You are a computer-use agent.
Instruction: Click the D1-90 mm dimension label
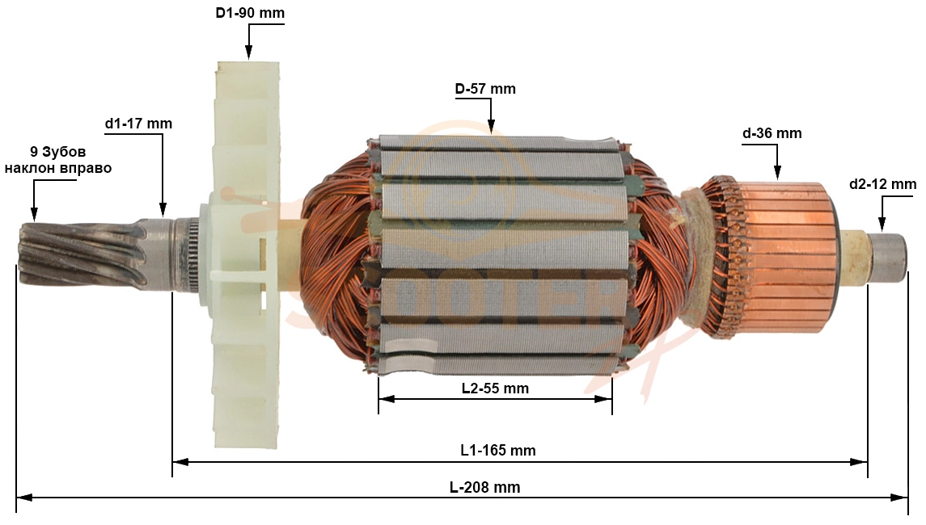click(249, 12)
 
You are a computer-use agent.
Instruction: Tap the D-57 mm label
click(485, 89)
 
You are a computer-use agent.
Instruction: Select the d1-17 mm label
click(138, 124)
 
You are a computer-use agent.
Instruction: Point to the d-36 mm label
click(772, 133)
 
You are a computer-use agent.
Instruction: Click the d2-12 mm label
click(882, 184)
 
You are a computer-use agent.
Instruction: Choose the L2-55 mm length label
click(495, 388)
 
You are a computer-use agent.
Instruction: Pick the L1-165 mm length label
click(498, 451)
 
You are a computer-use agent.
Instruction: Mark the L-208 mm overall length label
click(485, 487)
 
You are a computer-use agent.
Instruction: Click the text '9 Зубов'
click(58, 152)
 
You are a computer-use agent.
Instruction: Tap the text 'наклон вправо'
click(58, 168)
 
